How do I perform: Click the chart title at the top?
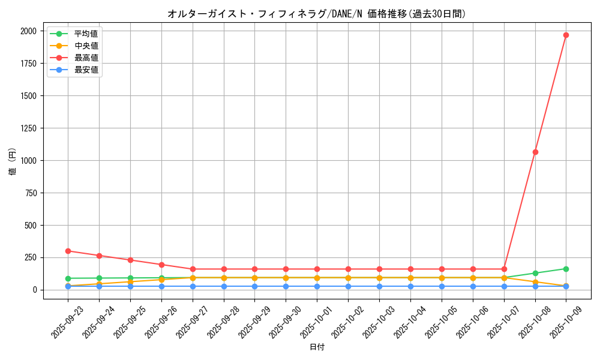click(x=316, y=14)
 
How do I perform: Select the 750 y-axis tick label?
click(x=30, y=193)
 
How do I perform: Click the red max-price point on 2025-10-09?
click(x=566, y=35)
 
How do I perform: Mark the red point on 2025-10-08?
click(x=535, y=152)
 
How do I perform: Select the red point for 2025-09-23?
click(x=68, y=251)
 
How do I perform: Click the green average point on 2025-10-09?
click(x=566, y=269)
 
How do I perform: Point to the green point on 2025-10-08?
click(x=535, y=273)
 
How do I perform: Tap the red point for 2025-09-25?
click(x=130, y=260)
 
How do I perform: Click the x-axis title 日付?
click(x=317, y=347)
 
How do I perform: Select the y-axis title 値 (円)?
click(x=13, y=161)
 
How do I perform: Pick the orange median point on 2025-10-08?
click(x=535, y=282)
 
